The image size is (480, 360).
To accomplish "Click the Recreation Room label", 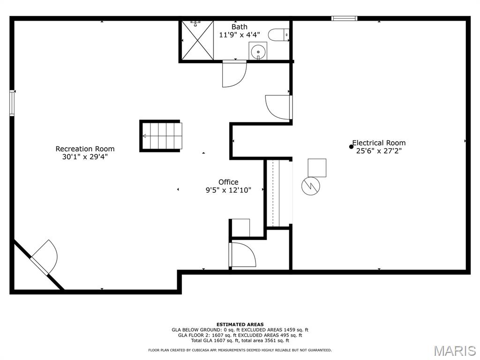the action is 85,149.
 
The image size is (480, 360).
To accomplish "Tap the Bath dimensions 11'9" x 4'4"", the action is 240,35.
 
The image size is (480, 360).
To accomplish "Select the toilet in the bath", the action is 278,34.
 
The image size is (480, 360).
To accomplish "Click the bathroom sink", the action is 258,51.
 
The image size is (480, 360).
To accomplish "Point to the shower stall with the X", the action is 197,40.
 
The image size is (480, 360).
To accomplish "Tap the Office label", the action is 228,182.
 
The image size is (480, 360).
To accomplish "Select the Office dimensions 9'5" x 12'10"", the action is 228,190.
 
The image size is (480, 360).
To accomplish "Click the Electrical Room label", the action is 379,142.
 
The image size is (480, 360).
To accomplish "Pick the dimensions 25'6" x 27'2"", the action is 379,150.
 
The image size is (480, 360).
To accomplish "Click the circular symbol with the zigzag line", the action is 310,186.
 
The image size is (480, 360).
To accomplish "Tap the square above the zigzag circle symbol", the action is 317,168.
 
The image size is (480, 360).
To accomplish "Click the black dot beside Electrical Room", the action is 351,147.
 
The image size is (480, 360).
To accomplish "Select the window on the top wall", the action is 345,18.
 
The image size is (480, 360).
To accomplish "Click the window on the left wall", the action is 12,103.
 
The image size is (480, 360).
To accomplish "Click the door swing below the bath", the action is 234,74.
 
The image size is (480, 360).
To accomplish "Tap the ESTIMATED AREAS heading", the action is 240,324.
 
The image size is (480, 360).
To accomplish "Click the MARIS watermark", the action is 455,351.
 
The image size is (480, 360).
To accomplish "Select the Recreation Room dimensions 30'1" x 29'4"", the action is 85,157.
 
